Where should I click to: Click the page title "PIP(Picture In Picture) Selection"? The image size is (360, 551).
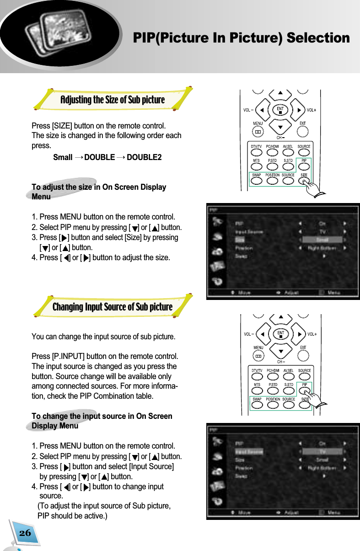[241, 38]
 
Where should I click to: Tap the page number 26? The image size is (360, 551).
[25, 533]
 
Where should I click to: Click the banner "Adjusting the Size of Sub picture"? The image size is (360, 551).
[113, 100]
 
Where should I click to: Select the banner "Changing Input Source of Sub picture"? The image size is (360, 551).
[113, 306]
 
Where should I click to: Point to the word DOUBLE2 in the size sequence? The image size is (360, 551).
[144, 157]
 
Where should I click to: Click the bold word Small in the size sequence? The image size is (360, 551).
[63, 157]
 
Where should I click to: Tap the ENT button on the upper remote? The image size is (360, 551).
[280, 110]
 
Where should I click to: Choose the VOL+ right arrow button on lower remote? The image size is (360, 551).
[298, 334]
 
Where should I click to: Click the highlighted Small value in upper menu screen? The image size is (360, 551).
[322, 240]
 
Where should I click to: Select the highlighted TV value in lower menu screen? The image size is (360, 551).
[322, 451]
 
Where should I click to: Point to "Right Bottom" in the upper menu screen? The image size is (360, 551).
[322, 248]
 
